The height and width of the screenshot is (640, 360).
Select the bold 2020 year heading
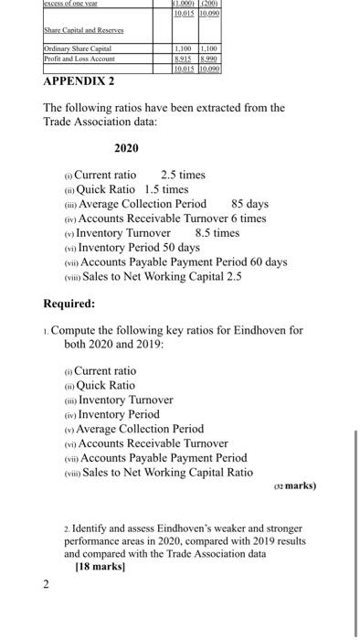click(127, 148)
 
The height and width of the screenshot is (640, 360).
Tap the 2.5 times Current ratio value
click(183, 175)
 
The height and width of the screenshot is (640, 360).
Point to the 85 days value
click(250, 204)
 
